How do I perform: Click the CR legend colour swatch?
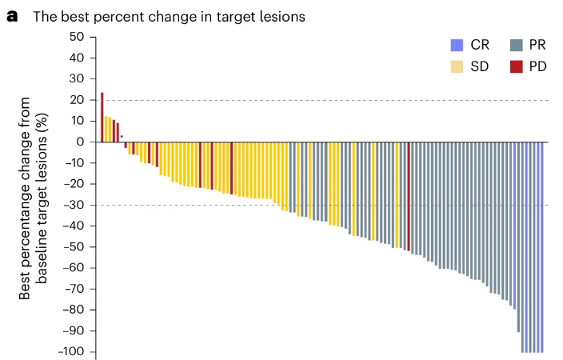[455, 45]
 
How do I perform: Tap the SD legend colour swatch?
[455, 66]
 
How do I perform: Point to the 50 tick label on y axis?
[77, 37]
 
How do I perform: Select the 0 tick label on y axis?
[81, 142]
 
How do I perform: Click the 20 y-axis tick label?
[77, 100]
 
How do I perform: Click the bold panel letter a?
[12, 16]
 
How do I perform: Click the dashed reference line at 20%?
[320, 100]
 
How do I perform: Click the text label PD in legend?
[537, 66]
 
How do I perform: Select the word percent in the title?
[116, 17]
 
